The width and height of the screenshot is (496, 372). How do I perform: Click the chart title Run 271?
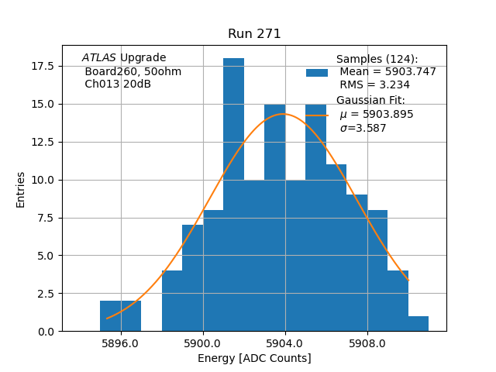[x=254, y=34]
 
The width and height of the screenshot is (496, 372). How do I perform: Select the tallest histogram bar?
[x=233, y=194]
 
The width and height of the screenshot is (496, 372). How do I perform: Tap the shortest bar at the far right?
[x=418, y=323]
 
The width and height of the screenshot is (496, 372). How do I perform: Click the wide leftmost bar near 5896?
[x=120, y=315]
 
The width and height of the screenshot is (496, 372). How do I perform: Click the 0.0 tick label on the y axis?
[x=46, y=331]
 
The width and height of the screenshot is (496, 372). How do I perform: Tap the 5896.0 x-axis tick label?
[x=120, y=343]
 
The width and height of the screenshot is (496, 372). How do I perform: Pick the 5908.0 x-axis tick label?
[x=367, y=343]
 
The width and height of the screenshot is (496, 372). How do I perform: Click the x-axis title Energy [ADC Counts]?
[x=254, y=358]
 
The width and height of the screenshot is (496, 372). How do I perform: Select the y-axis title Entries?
[x=21, y=189]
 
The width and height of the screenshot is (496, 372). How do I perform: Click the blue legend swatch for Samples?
[x=317, y=72]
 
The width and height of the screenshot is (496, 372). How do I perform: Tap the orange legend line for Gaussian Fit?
[x=317, y=115]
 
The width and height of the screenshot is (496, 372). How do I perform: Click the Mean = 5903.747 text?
[x=387, y=72]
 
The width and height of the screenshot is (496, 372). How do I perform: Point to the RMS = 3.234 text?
[x=375, y=85]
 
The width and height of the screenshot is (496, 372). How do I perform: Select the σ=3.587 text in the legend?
[x=363, y=129]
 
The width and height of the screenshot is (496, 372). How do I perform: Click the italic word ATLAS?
[x=98, y=58]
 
